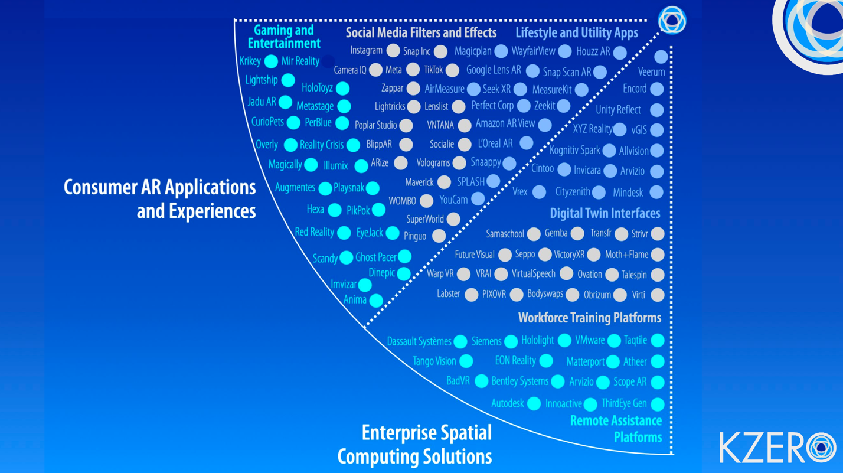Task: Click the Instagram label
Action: (x=366, y=51)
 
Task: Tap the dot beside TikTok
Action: (x=452, y=71)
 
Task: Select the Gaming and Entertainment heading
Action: (x=284, y=37)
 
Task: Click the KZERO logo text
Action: (x=777, y=448)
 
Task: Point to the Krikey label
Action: (x=250, y=61)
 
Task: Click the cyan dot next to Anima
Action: (x=376, y=301)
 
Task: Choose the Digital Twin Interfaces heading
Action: (x=605, y=213)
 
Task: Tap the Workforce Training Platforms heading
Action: (x=589, y=318)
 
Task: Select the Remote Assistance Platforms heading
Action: (x=616, y=429)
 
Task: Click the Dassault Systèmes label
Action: (x=419, y=341)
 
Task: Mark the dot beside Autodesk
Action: (x=534, y=403)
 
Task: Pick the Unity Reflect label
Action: (x=618, y=110)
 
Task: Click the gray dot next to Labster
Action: (x=471, y=295)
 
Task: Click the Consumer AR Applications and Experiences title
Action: (x=159, y=198)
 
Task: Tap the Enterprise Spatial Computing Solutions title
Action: (x=414, y=444)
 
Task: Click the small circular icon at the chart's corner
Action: (x=672, y=20)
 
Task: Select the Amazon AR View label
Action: (x=505, y=124)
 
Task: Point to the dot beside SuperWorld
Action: (x=453, y=219)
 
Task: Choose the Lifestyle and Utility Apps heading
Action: (x=576, y=33)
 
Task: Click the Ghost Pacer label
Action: (x=375, y=257)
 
